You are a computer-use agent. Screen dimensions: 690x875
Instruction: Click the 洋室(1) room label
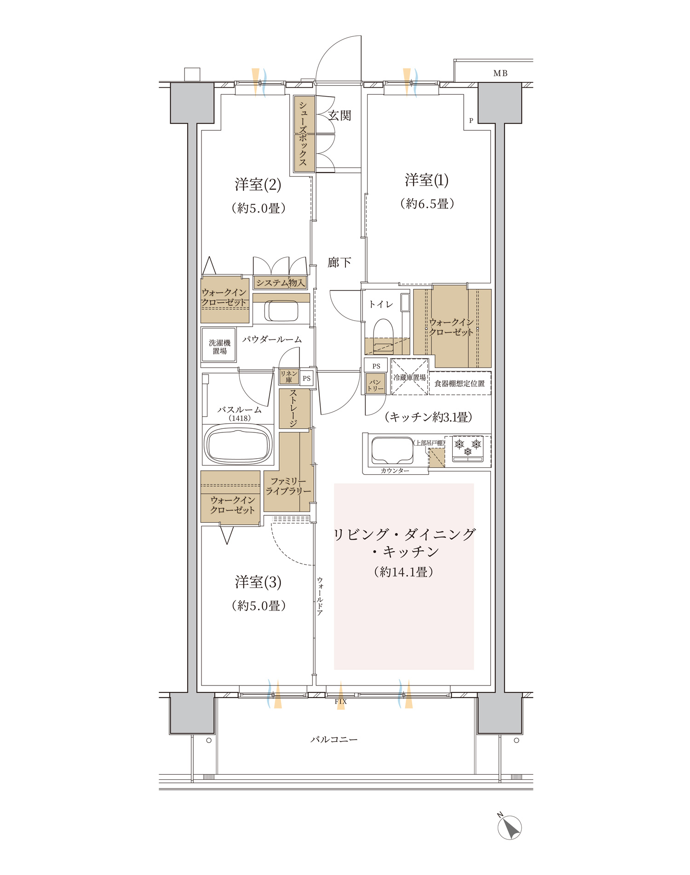click(x=426, y=180)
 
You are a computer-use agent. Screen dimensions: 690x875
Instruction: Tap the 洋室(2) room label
click(x=258, y=184)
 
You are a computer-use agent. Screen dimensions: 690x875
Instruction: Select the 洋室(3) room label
click(x=258, y=582)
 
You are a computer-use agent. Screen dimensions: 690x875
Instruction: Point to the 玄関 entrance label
click(x=340, y=115)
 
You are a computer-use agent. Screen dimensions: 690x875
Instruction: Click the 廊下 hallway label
click(x=339, y=263)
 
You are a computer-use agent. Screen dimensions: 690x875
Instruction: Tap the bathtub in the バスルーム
click(x=238, y=444)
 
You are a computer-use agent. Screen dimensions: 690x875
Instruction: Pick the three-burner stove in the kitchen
click(x=468, y=449)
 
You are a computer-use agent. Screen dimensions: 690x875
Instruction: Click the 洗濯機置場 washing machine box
click(x=219, y=345)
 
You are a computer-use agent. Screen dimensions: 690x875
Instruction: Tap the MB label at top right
click(x=500, y=73)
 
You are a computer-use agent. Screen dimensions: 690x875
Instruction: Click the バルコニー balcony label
click(x=334, y=740)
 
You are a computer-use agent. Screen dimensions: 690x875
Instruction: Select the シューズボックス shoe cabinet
click(x=304, y=133)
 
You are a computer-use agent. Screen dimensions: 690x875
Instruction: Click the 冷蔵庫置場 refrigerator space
click(x=409, y=377)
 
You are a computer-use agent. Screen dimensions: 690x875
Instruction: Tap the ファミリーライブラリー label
click(x=288, y=486)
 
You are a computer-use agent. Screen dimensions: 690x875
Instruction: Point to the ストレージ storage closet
click(x=293, y=409)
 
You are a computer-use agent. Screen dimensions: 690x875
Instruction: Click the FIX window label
click(x=341, y=702)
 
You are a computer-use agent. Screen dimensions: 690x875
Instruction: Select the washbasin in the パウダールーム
click(x=281, y=311)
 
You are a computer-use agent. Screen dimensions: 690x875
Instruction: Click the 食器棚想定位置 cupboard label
click(x=460, y=383)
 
